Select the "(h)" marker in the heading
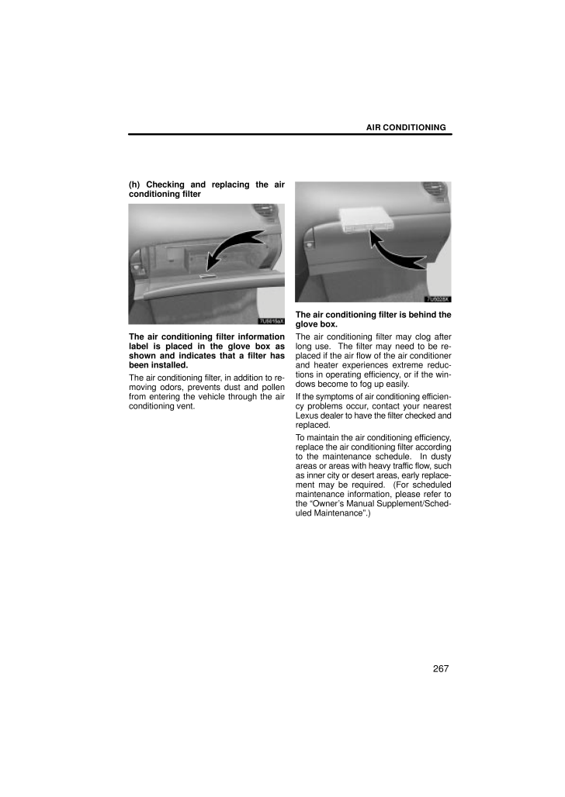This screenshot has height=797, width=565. point(135,185)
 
